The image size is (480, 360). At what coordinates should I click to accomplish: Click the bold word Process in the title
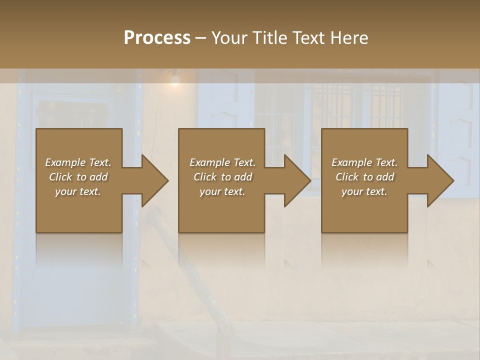pyautogui.click(x=157, y=38)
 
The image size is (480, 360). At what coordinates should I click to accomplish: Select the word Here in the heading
pyautogui.click(x=348, y=38)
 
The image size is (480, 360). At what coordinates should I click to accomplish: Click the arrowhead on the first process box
pyautogui.click(x=153, y=180)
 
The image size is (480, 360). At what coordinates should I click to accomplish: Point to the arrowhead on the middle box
pyautogui.click(x=296, y=180)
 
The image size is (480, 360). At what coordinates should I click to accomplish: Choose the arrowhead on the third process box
pyautogui.click(x=439, y=180)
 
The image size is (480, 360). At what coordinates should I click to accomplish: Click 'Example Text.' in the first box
pyautogui.click(x=78, y=162)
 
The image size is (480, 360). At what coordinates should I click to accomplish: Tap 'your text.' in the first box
pyautogui.click(x=78, y=191)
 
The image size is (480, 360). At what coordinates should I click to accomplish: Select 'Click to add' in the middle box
pyautogui.click(x=222, y=177)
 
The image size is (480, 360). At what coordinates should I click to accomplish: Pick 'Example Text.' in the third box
pyautogui.click(x=364, y=162)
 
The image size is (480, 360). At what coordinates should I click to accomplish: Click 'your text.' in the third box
pyautogui.click(x=364, y=191)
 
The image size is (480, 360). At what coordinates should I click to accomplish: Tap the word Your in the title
pyautogui.click(x=230, y=38)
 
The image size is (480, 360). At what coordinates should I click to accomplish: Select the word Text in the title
pyautogui.click(x=308, y=38)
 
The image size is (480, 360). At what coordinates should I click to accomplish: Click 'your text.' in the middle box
pyautogui.click(x=222, y=191)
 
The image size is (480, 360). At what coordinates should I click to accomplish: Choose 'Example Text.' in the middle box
pyautogui.click(x=222, y=162)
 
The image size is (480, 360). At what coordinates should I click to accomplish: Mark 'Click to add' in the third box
pyautogui.click(x=364, y=177)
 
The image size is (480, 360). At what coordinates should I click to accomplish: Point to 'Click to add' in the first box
pyautogui.click(x=78, y=177)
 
